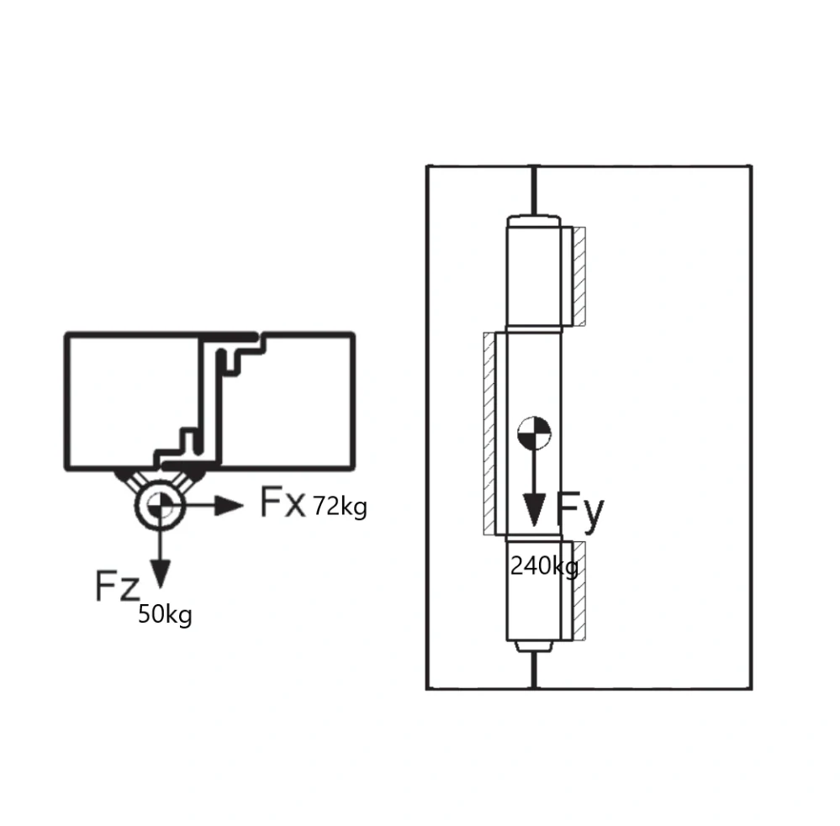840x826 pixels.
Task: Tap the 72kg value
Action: [x=340, y=507]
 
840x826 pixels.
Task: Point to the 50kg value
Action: [x=165, y=614]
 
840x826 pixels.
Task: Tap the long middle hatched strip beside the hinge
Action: [x=489, y=433]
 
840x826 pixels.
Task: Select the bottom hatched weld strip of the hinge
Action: [x=578, y=590]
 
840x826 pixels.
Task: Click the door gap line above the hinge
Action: [x=534, y=190]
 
